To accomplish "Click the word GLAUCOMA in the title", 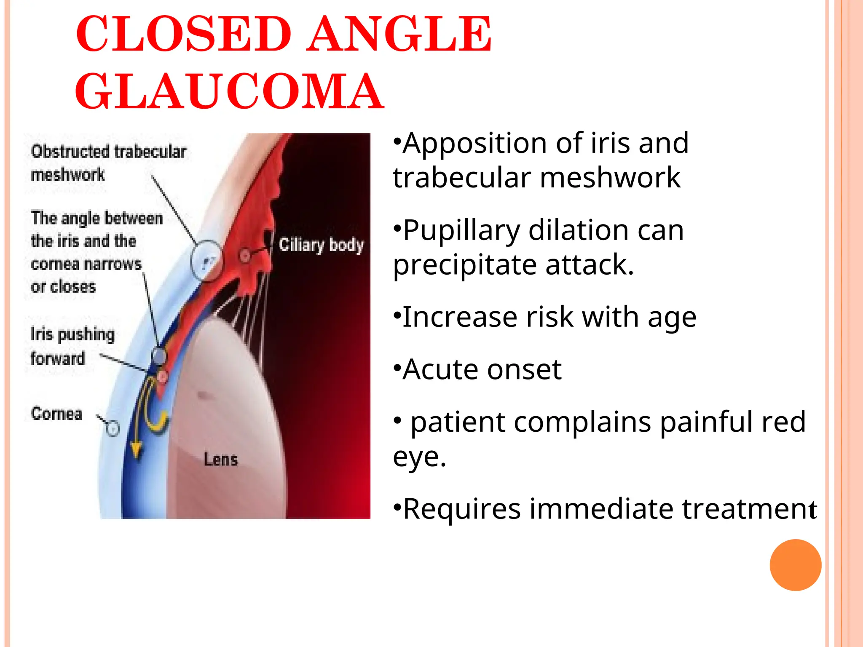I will coord(230,91).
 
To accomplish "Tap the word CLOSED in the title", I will coord(184,34).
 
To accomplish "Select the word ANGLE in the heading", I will coord(399,34).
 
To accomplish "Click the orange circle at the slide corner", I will coord(795,565).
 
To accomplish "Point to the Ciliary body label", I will coord(321,245).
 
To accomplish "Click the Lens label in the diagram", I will coord(221,459).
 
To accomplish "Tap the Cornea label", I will coord(57,414).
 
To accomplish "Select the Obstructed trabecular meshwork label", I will coord(108,163).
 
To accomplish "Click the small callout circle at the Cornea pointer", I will coord(113,428).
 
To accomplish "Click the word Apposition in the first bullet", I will coord(474,144).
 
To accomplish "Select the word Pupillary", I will coord(461,231).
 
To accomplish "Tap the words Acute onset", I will coord(482,370).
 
